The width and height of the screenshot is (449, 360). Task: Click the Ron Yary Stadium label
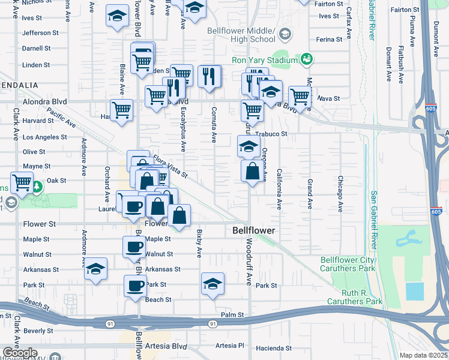(x=265, y=61)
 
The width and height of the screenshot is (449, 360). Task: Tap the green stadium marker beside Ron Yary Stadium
(x=307, y=59)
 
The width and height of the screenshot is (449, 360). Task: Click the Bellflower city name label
(x=254, y=230)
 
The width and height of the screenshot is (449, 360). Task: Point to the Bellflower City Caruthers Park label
(x=348, y=264)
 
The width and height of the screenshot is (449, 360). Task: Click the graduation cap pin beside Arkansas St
(x=96, y=269)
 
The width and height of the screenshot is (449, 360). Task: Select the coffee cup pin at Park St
(x=136, y=286)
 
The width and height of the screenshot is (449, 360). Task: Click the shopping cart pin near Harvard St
(x=122, y=111)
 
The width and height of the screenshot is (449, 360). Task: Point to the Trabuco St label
(x=271, y=134)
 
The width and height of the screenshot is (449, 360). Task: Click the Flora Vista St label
(x=170, y=166)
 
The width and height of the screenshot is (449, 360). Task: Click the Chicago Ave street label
(x=340, y=194)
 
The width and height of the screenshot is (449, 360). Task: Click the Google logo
(x=20, y=353)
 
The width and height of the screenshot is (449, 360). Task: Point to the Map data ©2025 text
(x=423, y=355)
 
